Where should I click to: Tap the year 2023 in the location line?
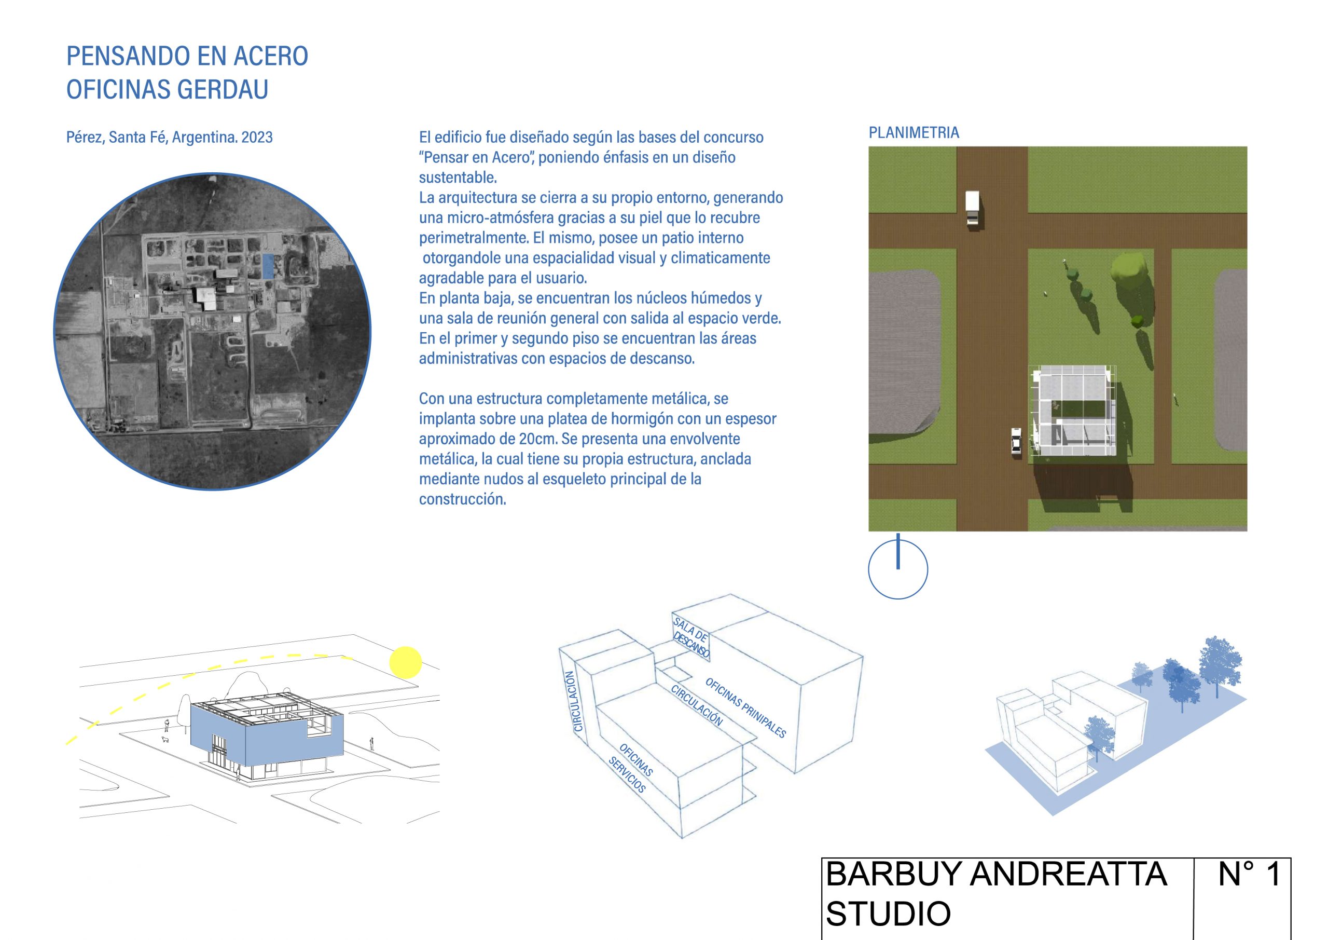pyautogui.click(x=257, y=138)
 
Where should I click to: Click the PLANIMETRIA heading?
pyautogui.click(x=914, y=133)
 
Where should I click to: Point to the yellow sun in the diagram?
pyautogui.click(x=406, y=662)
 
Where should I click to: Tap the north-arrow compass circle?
pyautogui.click(x=897, y=568)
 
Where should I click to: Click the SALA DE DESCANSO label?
pyautogui.click(x=691, y=638)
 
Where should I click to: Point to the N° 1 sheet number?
pyautogui.click(x=1250, y=890)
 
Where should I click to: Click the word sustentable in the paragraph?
pyautogui.click(x=458, y=178)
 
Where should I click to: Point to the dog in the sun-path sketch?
pyautogui.click(x=165, y=740)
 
